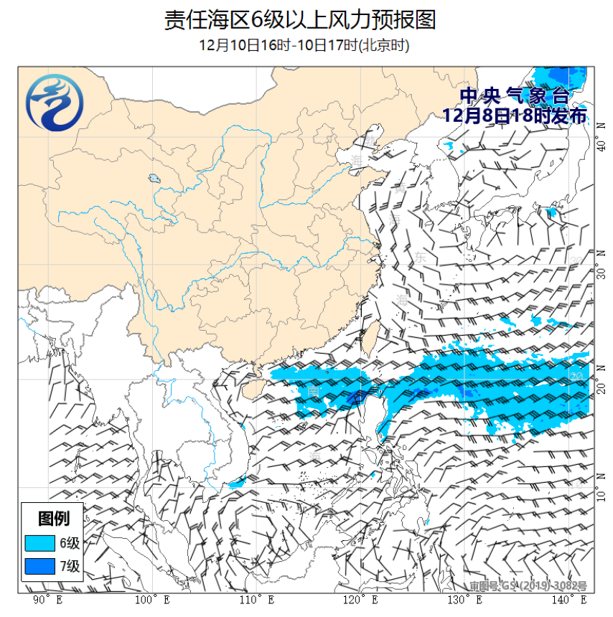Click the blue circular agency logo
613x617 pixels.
[55, 105]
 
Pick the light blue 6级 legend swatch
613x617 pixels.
[39, 542]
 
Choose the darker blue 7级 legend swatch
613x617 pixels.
[39, 566]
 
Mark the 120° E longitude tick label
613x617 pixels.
[361, 599]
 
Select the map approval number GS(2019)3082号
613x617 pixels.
[528, 585]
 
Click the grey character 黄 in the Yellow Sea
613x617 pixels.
[399, 188]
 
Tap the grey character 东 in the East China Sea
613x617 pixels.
[420, 256]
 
